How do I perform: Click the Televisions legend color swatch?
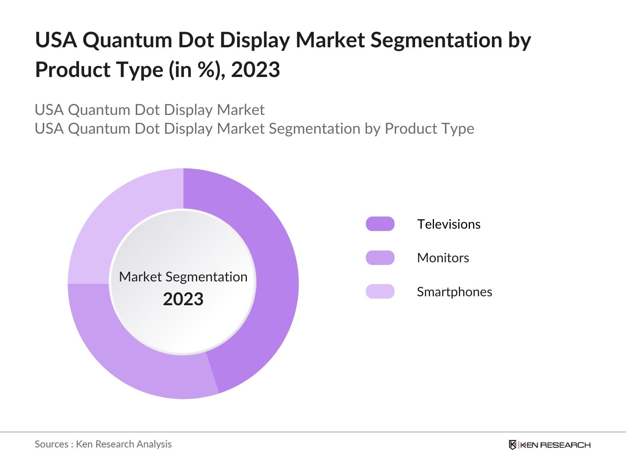pyautogui.click(x=380, y=224)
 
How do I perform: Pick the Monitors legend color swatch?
pyautogui.click(x=380, y=258)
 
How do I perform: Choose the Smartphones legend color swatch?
pyautogui.click(x=380, y=292)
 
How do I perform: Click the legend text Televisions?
pyautogui.click(x=448, y=224)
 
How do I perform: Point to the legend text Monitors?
pyautogui.click(x=443, y=258)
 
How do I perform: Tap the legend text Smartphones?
pyautogui.click(x=454, y=292)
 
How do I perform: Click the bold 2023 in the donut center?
pyautogui.click(x=183, y=299)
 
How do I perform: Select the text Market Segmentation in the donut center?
pyautogui.click(x=183, y=277)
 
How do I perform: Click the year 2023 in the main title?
pyautogui.click(x=255, y=70)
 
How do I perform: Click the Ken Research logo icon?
pyautogui.click(x=513, y=445)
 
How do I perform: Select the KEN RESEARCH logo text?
pyautogui.click(x=555, y=445)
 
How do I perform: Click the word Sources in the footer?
pyautogui.click(x=51, y=444)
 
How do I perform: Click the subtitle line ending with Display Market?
pyautogui.click(x=149, y=110)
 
